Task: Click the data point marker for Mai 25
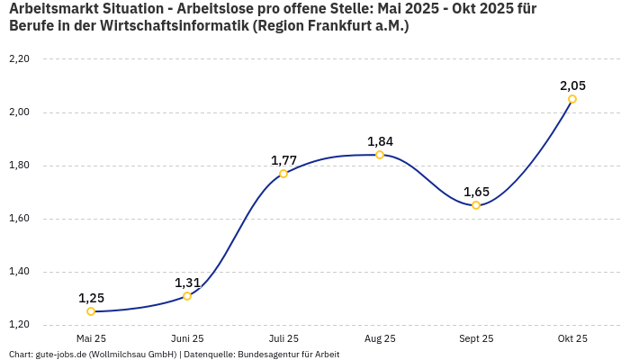point(91,311)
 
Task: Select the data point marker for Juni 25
point(187,296)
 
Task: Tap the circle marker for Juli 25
point(283,174)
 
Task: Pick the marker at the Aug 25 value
point(380,155)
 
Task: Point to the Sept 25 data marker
point(476,205)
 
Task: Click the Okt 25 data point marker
point(572,99)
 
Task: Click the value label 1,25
point(91,298)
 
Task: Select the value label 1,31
point(187,283)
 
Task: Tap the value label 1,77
point(283,160)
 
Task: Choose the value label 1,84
point(380,141)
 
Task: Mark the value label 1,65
point(476,192)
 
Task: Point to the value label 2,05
point(572,85)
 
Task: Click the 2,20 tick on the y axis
point(19,59)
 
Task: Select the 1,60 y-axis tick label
point(19,219)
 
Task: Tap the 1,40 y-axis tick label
point(19,272)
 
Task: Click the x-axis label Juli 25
point(283,338)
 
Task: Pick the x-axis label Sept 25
point(476,338)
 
